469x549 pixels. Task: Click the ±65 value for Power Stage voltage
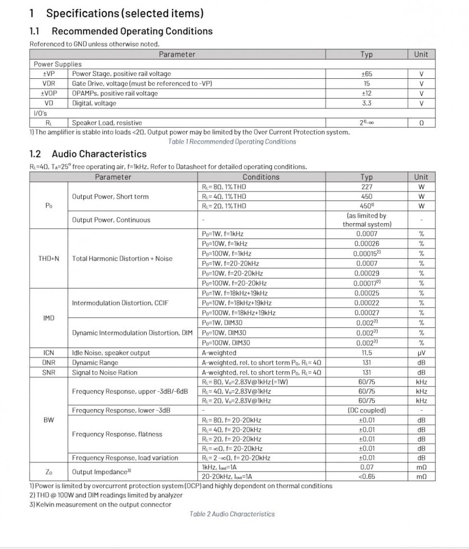tap(367, 74)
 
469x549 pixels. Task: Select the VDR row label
tap(49, 84)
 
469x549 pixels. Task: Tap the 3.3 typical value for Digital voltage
tap(367, 103)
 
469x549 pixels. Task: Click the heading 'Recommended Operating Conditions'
tap(132, 31)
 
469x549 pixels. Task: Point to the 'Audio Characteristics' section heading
tap(99, 154)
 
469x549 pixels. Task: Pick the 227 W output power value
tap(367, 187)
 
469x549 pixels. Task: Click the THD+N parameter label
tap(49, 259)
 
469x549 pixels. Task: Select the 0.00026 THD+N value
tap(367, 244)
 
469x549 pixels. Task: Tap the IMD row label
tap(49, 318)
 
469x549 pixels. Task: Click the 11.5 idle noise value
tap(367, 353)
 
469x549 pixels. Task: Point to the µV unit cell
tap(421, 353)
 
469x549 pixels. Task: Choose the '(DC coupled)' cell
tap(367, 411)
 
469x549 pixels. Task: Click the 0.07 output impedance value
tap(367, 467)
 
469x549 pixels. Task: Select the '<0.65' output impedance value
tap(367, 477)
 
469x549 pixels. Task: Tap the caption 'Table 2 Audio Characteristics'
tap(232, 514)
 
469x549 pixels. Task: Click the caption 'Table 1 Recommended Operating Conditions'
tap(232, 142)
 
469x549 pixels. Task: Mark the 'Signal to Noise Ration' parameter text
tap(104, 373)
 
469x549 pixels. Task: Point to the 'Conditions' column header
tap(261, 177)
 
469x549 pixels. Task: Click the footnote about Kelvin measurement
tap(101, 505)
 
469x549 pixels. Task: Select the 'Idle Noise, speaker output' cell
tap(111, 353)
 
